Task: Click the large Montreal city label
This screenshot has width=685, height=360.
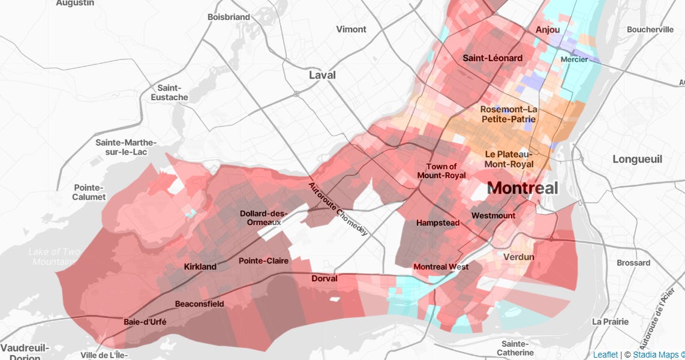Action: [x=522, y=188]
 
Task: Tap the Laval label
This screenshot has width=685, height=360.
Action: [x=322, y=75]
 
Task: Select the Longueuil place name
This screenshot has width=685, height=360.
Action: [x=637, y=159]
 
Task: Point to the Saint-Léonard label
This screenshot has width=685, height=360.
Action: [x=492, y=58]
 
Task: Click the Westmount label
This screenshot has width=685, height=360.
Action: [x=493, y=215]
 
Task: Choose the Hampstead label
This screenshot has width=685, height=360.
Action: [x=438, y=223]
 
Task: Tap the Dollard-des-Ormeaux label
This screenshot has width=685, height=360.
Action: [x=264, y=218]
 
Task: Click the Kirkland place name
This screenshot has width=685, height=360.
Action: [x=200, y=266]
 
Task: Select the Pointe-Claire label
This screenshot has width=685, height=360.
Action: [x=263, y=261]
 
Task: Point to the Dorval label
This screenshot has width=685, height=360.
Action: [x=325, y=278]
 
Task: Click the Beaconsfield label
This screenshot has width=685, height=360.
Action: [x=199, y=304]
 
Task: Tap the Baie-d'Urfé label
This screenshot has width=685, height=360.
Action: [x=145, y=322]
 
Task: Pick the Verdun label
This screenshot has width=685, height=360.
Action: [x=519, y=257]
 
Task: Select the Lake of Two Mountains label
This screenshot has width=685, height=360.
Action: [x=54, y=257]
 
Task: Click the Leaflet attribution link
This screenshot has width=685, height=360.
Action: [x=605, y=355]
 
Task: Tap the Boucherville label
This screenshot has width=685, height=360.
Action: [x=650, y=29]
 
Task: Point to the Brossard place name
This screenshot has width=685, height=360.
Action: [x=633, y=263]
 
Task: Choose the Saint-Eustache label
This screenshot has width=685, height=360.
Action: [x=169, y=92]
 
